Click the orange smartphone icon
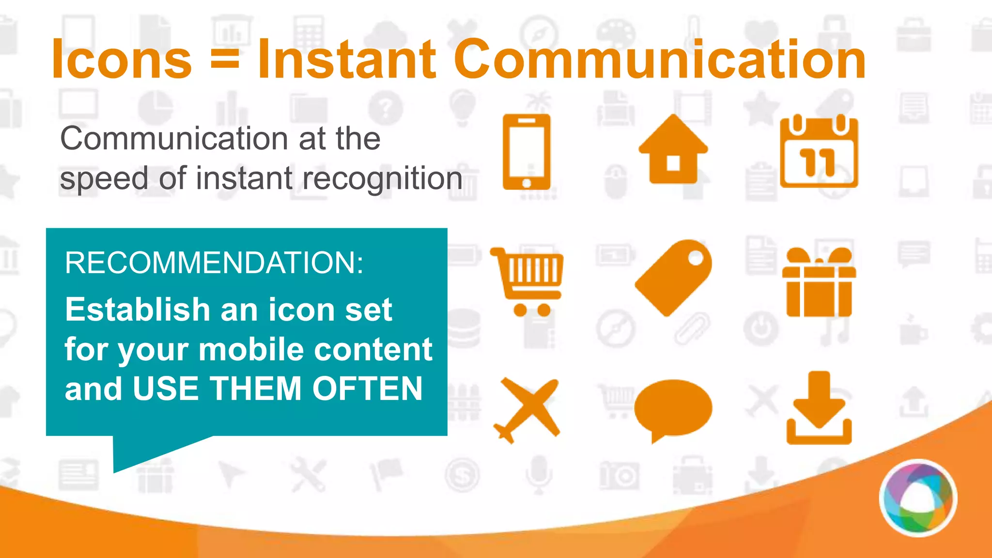point(527,152)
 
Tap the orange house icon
point(673,150)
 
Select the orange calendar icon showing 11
point(819,152)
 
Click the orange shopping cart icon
point(528,281)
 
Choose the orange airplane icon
point(527,410)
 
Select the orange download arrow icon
point(819,408)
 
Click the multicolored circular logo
point(918,498)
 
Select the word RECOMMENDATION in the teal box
point(214,263)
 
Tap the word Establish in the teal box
point(138,310)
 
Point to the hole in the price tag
point(696,258)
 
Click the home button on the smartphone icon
point(527,183)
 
